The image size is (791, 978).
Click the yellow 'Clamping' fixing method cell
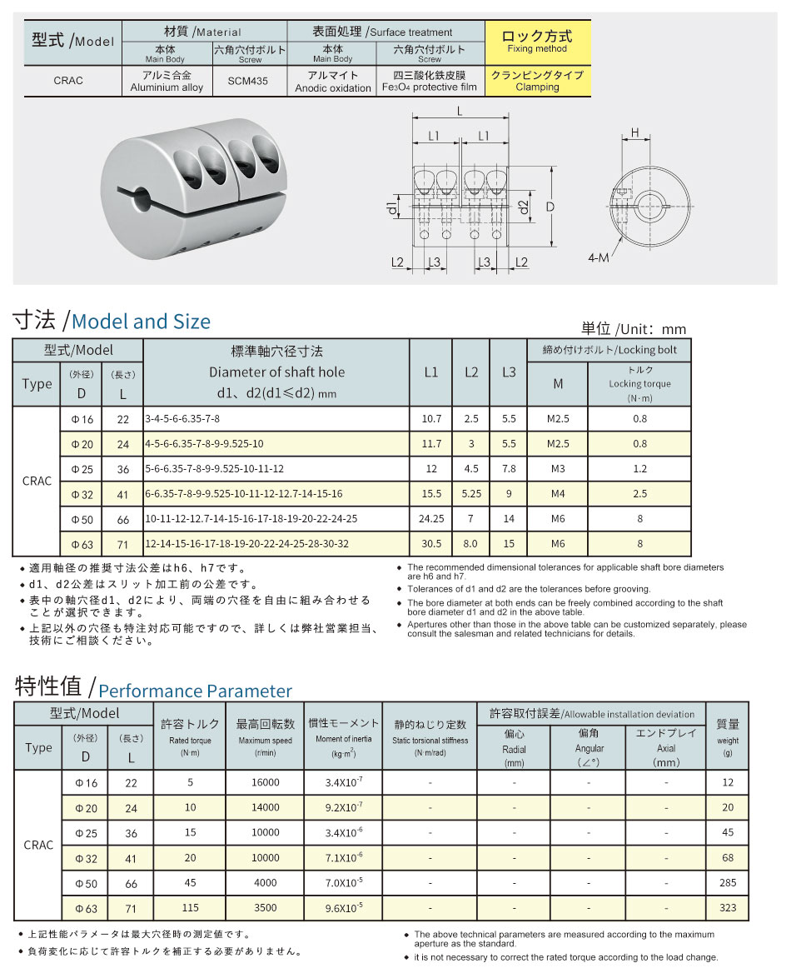coord(537,81)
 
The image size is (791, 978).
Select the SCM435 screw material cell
coord(249,82)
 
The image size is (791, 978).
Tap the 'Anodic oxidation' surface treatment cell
coord(332,82)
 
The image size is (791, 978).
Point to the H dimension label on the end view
coord(634,132)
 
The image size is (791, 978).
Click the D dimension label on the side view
coord(550,205)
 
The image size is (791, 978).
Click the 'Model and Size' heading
coord(142,322)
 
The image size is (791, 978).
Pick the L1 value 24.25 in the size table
coord(430,519)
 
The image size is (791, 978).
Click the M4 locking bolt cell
coord(557,494)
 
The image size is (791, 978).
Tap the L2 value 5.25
coord(471,494)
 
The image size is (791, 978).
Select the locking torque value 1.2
coord(639,469)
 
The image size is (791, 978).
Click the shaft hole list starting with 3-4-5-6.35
coord(182,419)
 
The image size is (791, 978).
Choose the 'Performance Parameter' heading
coord(195,691)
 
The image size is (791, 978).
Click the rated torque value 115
coord(190,907)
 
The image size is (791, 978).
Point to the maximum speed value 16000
coord(265,783)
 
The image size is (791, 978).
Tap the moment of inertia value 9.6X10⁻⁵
coord(342,907)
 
